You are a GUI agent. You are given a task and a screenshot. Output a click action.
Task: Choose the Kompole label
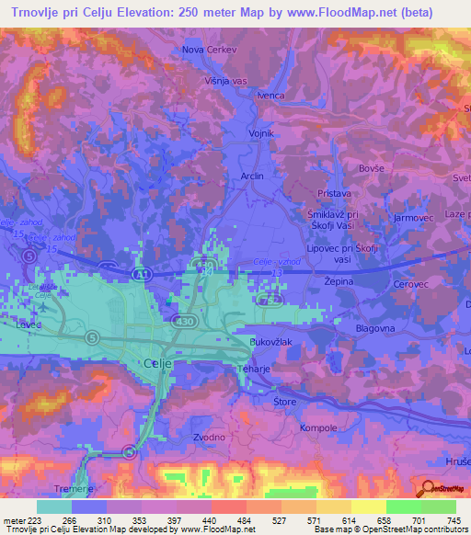318,428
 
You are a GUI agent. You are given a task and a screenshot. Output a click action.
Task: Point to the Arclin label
251,176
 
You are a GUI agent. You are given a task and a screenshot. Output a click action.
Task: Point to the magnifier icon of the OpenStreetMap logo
426,487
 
